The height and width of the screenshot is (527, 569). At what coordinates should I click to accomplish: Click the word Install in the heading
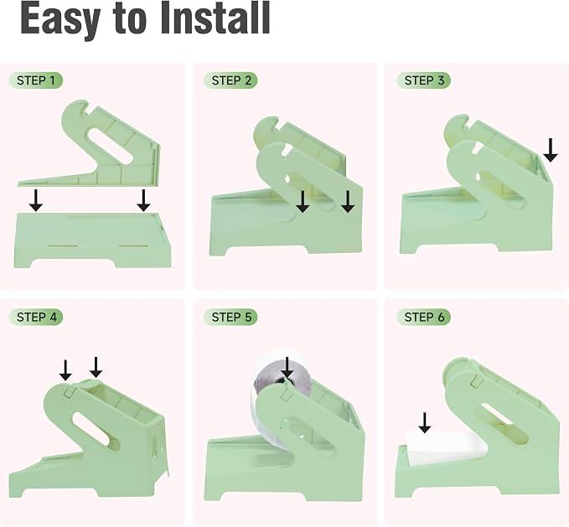215,18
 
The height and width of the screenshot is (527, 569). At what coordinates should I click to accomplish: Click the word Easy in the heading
60,20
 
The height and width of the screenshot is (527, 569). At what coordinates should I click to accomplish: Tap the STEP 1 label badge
35,80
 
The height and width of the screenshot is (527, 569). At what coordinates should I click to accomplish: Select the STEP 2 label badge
230,80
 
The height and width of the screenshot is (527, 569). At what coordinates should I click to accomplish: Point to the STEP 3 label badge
423,80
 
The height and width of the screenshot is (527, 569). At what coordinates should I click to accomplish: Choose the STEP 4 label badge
35,317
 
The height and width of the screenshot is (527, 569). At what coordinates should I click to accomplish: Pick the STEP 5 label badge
230,317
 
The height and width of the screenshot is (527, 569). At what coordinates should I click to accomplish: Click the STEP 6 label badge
423,317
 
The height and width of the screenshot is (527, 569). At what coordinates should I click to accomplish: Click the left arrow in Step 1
35,200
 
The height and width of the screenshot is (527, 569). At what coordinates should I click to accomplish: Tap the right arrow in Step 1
143,200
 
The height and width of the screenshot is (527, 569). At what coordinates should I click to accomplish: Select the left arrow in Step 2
303,202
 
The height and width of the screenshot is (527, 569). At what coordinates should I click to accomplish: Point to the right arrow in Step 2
348,202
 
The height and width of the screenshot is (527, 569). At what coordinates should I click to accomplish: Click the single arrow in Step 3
551,150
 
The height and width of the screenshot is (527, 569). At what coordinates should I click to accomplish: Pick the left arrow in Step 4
65,370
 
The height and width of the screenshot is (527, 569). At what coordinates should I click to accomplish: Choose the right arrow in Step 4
96,367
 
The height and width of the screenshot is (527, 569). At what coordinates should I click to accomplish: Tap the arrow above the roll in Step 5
287,368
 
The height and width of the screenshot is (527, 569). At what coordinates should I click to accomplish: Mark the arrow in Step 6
425,422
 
